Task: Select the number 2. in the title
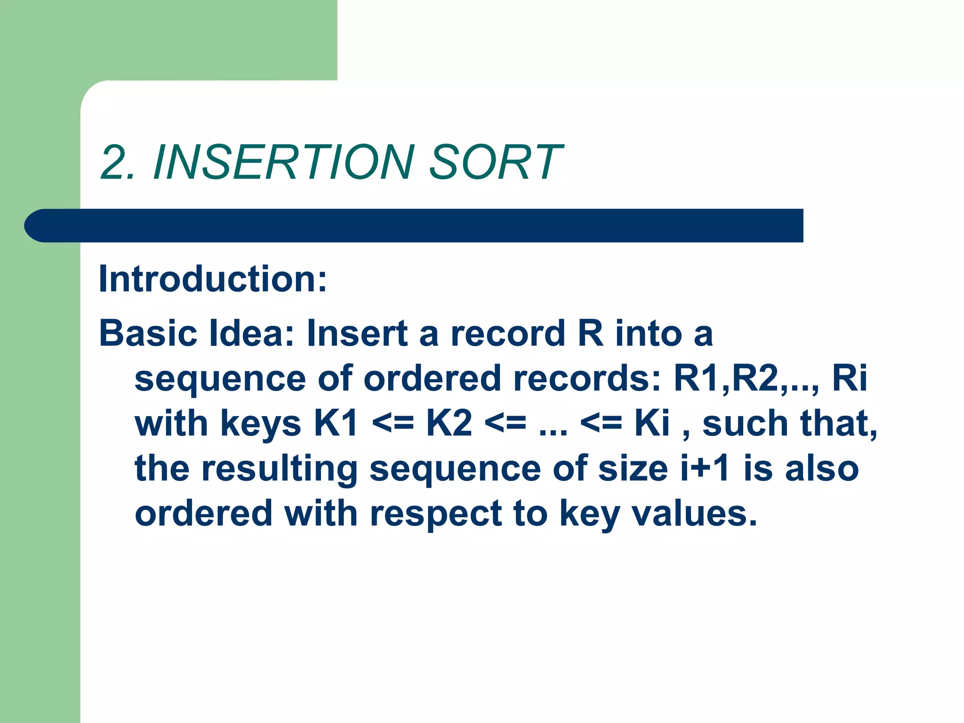click(118, 162)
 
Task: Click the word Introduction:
click(213, 279)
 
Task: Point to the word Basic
click(148, 333)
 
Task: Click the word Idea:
click(251, 333)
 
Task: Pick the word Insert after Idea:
click(357, 333)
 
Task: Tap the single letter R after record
click(590, 333)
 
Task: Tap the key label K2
click(449, 423)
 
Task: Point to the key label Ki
click(652, 423)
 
